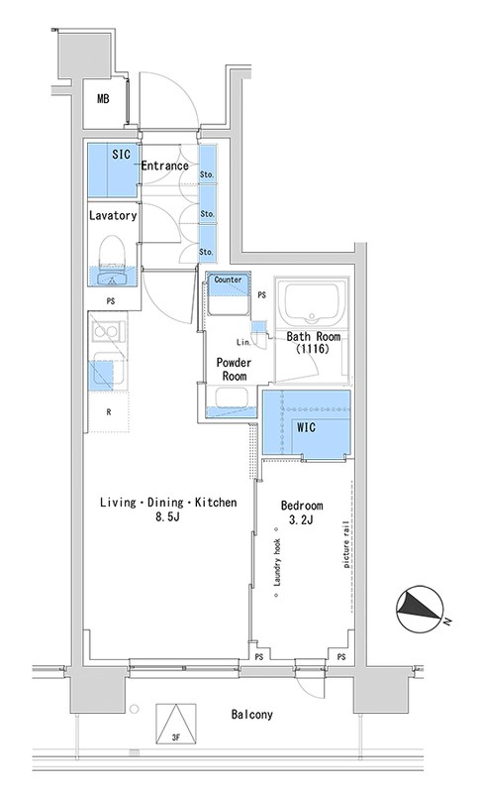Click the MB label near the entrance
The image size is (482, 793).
click(103, 98)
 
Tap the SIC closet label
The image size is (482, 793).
click(121, 155)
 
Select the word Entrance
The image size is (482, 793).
click(165, 166)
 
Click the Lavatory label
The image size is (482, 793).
click(113, 215)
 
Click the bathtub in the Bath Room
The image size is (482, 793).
click(312, 303)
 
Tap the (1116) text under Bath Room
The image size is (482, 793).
click(313, 349)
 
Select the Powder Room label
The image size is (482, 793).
click(235, 369)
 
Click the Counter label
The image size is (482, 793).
click(228, 280)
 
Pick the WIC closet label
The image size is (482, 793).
click(307, 427)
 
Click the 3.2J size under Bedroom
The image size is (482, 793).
click(301, 519)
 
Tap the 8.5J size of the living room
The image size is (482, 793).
click(168, 517)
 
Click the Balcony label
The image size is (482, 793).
click(251, 714)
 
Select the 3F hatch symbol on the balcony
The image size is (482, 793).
click(175, 725)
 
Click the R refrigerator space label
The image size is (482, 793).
click(109, 412)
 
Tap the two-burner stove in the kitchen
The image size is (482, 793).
click(107, 332)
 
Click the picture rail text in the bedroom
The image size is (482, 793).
click(346, 543)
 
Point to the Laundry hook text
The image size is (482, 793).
click(277, 562)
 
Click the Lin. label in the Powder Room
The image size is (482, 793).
click(243, 342)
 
